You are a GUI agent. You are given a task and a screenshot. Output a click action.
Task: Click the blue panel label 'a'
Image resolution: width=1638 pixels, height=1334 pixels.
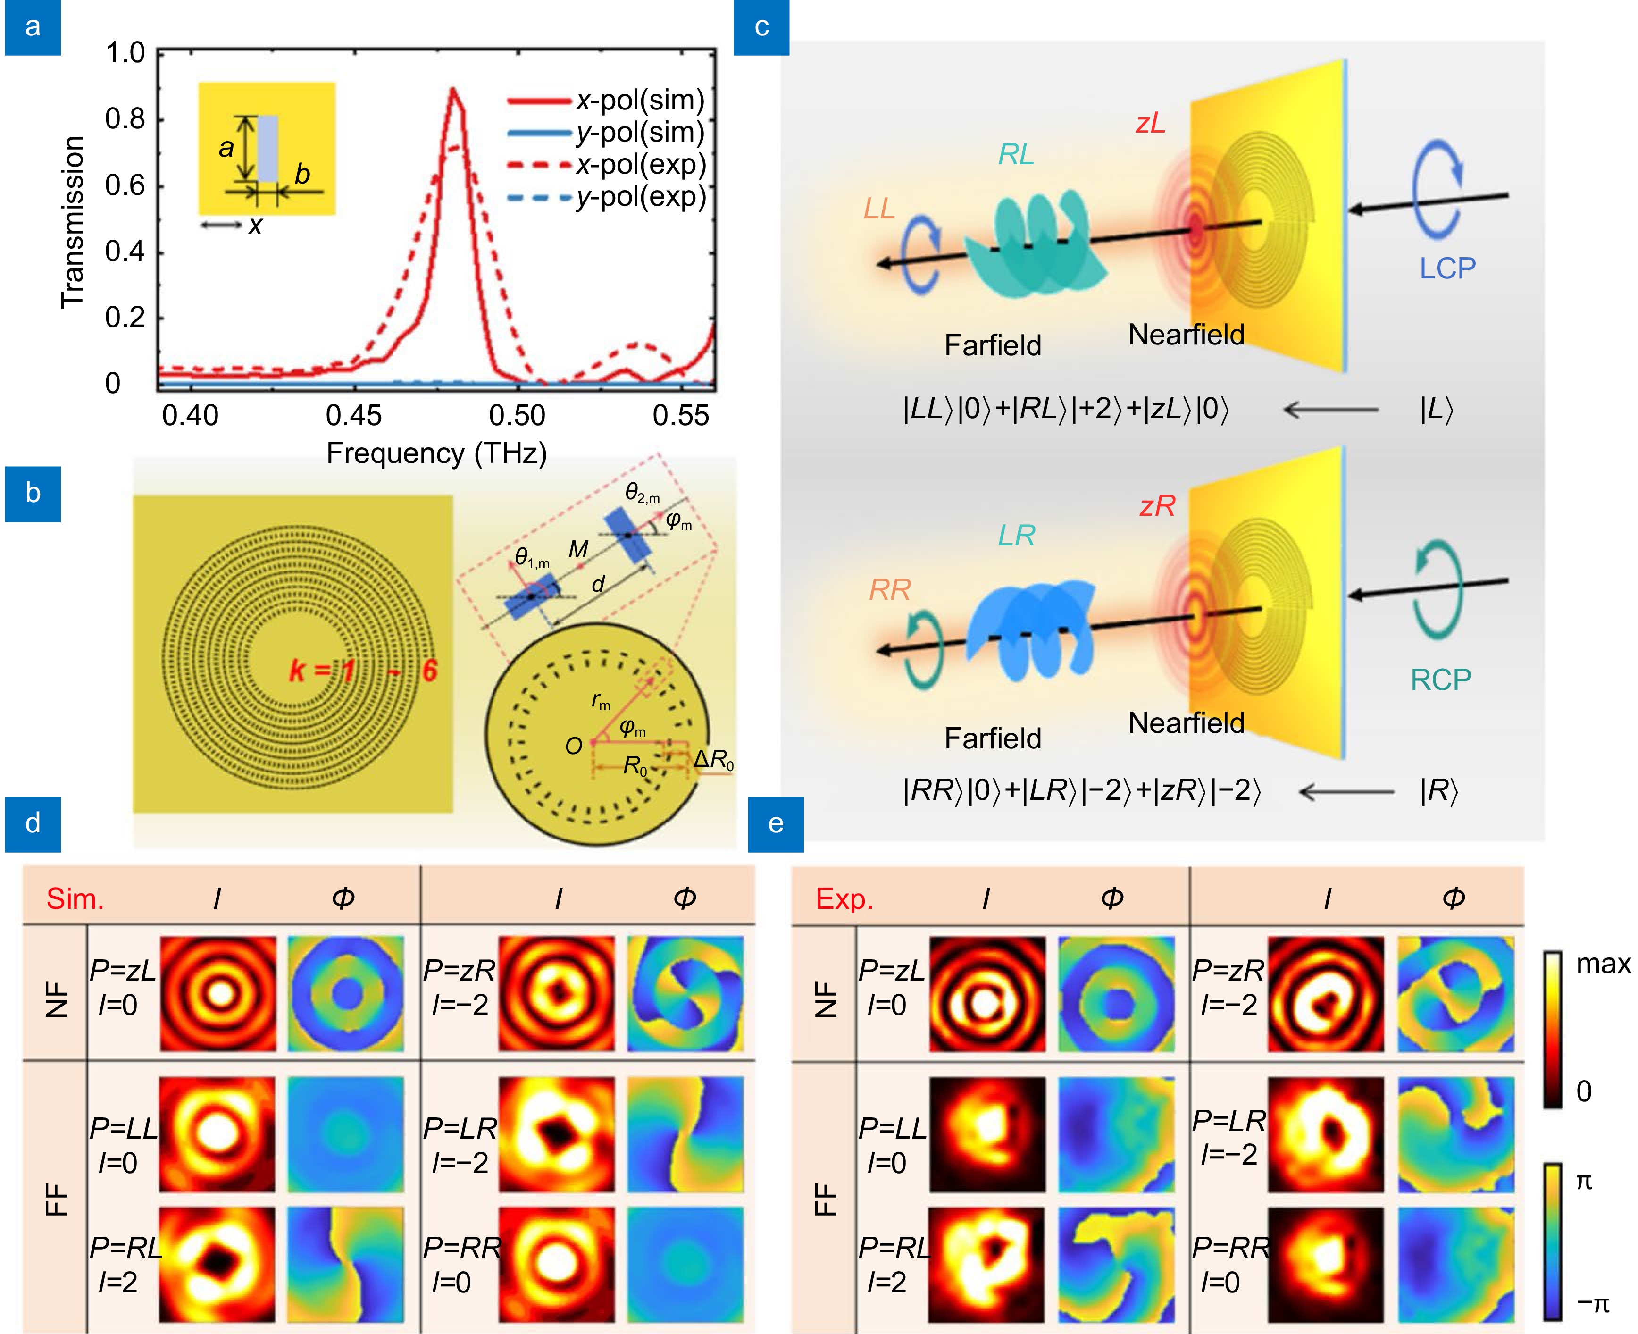tap(32, 28)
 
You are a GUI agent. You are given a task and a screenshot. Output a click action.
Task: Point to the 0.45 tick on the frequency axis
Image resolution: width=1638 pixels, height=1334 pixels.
tap(353, 416)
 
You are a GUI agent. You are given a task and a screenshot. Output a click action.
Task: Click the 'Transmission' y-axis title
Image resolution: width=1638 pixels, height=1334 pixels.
tap(72, 222)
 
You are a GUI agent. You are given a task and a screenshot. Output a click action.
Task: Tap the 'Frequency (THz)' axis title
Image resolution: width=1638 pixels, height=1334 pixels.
tap(436, 453)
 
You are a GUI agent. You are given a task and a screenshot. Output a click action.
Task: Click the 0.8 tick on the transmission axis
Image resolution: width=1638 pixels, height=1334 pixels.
tap(125, 119)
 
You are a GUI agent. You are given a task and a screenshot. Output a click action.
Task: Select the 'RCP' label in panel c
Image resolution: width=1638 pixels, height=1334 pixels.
tap(1440, 680)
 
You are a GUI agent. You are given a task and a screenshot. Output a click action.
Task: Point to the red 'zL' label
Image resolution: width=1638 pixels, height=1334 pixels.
tap(1150, 123)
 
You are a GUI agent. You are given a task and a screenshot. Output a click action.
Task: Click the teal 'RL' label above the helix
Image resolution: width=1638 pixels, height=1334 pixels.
tap(1016, 155)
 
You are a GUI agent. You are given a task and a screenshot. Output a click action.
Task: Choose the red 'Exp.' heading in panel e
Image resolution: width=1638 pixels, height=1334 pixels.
tap(844, 898)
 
